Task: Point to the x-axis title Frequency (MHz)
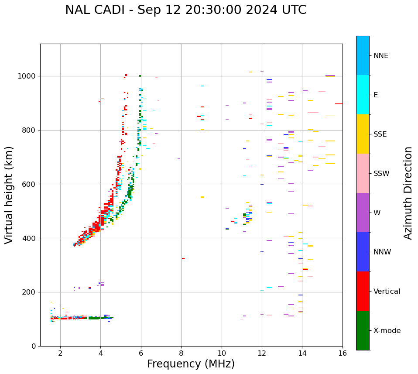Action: click(x=191, y=364)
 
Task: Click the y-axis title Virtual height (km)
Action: click(x=9, y=195)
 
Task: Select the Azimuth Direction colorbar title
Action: click(x=408, y=193)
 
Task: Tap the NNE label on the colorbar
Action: click(x=380, y=56)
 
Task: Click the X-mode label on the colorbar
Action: click(x=387, y=331)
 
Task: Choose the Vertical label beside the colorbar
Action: click(x=387, y=292)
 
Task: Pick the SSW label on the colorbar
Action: click(x=381, y=174)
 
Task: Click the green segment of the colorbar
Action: click(x=363, y=330)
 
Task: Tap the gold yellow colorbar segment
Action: click(x=363, y=134)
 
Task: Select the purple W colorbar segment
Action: click(x=363, y=213)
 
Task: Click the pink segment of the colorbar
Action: click(x=363, y=173)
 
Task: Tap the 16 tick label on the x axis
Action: click(x=343, y=353)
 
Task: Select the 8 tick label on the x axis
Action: click(x=181, y=353)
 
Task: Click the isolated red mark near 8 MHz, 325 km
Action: click(x=183, y=258)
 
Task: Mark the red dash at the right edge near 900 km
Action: click(x=339, y=104)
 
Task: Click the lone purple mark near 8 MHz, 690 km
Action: click(x=178, y=159)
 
